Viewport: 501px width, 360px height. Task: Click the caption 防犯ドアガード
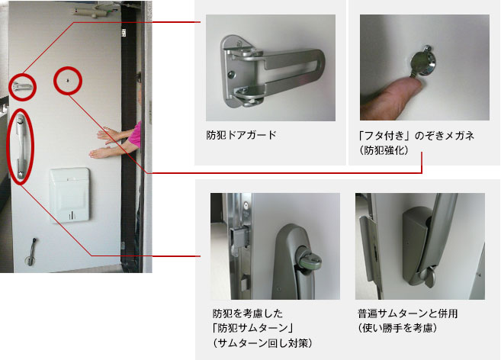click(x=241, y=135)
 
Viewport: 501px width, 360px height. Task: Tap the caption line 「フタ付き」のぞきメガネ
click(x=416, y=136)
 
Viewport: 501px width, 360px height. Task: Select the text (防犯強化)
click(x=384, y=150)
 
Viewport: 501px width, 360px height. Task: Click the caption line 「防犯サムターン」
click(x=252, y=328)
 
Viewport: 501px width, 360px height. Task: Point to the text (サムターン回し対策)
click(x=262, y=343)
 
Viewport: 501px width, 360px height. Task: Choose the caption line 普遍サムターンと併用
click(x=407, y=313)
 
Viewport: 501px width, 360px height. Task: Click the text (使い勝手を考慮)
click(x=397, y=328)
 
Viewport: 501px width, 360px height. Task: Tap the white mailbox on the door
click(x=69, y=195)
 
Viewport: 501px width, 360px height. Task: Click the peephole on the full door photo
click(x=67, y=80)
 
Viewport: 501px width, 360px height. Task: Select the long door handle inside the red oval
click(x=20, y=146)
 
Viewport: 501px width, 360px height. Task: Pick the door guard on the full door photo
click(x=21, y=86)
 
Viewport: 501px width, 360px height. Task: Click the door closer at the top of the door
click(x=91, y=12)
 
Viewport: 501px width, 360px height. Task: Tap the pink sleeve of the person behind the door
click(x=135, y=135)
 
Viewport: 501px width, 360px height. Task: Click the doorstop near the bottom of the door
click(x=31, y=252)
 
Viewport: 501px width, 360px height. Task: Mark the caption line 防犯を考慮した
click(x=248, y=313)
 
